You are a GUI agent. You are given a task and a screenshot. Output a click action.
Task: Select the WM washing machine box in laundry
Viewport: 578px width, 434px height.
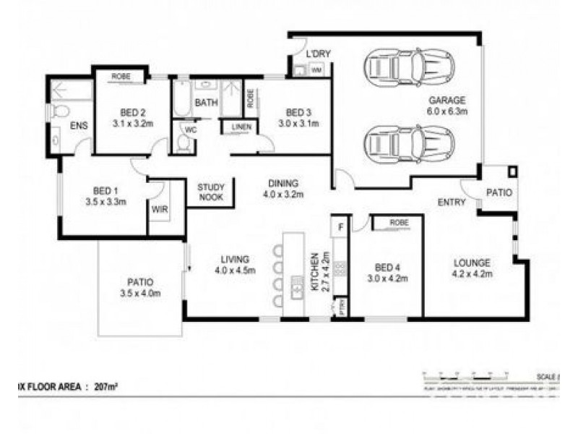point(316,70)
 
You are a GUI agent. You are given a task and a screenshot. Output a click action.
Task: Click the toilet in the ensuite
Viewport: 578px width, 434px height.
point(59,111)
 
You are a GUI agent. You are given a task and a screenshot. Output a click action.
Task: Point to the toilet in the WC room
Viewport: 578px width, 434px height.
point(183,145)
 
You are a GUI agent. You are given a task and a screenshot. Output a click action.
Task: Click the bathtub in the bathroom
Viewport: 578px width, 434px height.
point(181,101)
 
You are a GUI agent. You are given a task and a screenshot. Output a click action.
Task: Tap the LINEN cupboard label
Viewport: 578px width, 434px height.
point(241,128)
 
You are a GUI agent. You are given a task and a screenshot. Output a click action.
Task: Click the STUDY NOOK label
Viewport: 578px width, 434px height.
point(211,192)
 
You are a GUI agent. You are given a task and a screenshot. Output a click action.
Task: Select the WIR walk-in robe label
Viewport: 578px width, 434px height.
point(159,210)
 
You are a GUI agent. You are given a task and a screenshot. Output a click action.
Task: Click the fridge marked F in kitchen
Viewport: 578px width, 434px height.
point(340,226)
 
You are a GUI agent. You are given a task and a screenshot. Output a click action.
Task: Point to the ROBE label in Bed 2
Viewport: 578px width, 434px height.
point(121,75)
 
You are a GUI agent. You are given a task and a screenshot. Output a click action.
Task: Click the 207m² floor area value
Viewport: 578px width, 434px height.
point(106,387)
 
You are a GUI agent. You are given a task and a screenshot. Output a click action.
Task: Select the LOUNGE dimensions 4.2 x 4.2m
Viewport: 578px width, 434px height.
point(472,274)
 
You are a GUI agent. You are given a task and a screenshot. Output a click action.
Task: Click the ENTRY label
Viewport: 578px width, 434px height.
point(452,203)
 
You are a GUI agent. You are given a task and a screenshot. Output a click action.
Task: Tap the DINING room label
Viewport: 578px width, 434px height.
point(283,183)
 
